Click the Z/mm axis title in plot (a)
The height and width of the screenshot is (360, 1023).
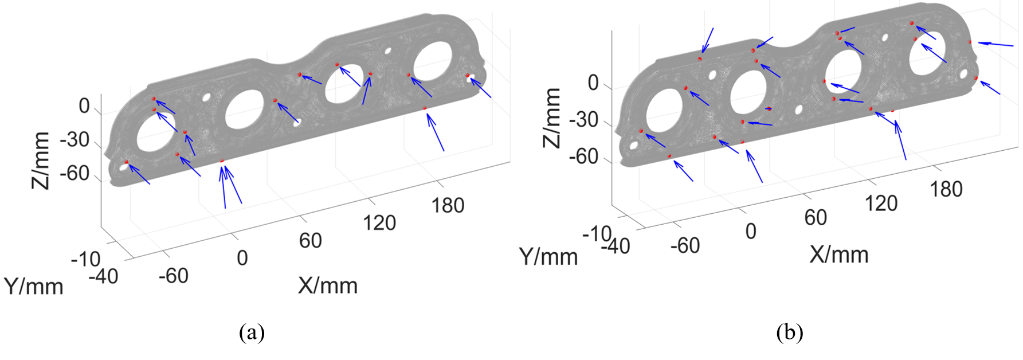coord(41,160)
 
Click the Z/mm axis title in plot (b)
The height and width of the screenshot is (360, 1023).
coord(552,118)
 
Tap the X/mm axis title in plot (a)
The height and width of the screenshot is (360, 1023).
coord(328,285)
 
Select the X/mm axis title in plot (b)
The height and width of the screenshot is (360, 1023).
coord(839,255)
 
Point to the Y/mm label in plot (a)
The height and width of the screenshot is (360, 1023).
coord(34,286)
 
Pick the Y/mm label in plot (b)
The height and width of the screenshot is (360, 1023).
coord(548,257)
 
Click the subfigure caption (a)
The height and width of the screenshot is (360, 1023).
coord(252,332)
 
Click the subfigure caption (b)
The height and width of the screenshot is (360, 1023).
coord(790,332)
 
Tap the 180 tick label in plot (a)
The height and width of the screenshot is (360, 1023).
coord(448,205)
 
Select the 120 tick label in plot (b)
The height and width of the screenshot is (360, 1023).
coord(881,204)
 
